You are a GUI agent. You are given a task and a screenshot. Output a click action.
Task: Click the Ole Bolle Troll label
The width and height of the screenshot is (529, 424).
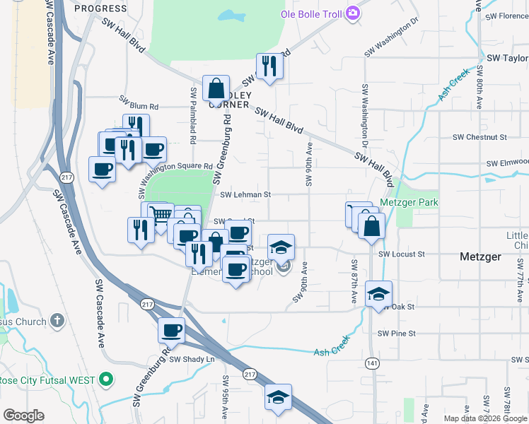(311, 13)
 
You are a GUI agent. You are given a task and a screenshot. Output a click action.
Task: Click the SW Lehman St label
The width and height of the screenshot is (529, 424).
(245, 194)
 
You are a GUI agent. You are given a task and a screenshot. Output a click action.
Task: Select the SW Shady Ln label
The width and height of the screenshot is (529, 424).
(191, 359)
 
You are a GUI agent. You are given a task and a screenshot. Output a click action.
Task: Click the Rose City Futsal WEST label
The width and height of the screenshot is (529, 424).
(47, 380)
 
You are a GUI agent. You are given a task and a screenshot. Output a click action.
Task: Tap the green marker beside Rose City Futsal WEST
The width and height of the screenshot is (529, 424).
(107, 380)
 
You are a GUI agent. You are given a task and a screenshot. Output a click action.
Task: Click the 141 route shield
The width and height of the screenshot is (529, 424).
(371, 363)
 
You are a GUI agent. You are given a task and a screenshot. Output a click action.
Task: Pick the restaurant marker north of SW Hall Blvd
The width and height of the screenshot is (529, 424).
(269, 66)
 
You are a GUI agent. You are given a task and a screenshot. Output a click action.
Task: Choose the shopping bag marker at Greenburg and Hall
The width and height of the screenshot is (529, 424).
(216, 88)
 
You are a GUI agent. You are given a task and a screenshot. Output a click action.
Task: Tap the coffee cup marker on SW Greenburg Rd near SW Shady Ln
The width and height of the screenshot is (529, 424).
(170, 329)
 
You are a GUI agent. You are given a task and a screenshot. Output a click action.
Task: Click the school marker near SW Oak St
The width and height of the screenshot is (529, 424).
(378, 294)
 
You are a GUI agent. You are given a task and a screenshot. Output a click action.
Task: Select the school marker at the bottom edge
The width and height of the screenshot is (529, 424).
(278, 397)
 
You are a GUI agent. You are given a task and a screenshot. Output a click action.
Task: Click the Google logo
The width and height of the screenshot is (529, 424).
(23, 416)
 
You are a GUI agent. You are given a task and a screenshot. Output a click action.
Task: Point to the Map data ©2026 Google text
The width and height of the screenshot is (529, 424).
(485, 418)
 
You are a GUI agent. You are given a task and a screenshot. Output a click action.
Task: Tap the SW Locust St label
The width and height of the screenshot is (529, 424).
(401, 254)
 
